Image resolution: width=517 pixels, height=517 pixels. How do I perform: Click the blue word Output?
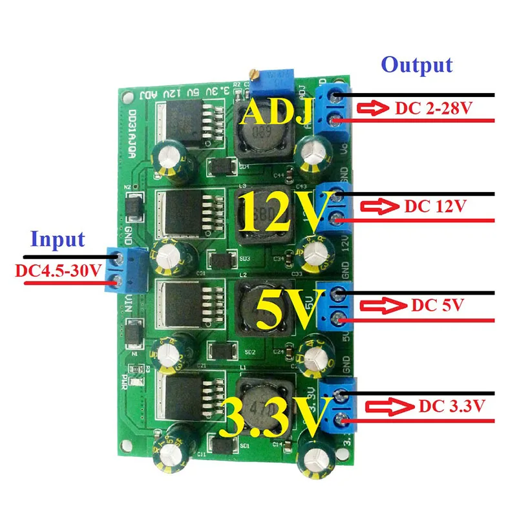click(416, 65)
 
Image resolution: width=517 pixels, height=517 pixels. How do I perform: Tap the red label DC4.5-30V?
click(58, 270)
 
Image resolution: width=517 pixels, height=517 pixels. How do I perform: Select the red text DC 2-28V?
click(431, 109)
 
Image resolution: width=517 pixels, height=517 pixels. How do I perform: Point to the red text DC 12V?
click(434, 207)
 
